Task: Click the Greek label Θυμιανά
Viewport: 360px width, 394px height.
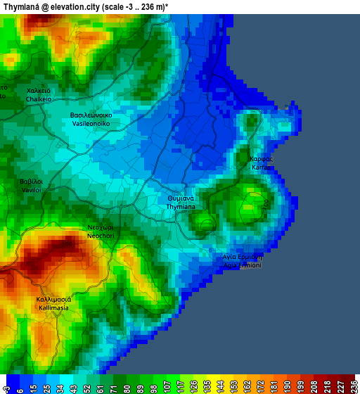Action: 186,198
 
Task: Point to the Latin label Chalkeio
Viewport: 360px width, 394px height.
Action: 39,99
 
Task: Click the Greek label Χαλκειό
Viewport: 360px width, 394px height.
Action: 39,91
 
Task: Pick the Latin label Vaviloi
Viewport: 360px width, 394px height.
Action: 32,190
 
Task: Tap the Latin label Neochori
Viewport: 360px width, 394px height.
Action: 100,236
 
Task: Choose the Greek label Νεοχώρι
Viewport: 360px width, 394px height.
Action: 100,228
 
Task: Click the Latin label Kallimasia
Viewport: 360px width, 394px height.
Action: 53,308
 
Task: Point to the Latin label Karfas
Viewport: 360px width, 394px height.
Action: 261,167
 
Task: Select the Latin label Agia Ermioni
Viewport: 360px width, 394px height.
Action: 242,265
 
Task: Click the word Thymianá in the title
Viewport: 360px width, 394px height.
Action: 25,6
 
